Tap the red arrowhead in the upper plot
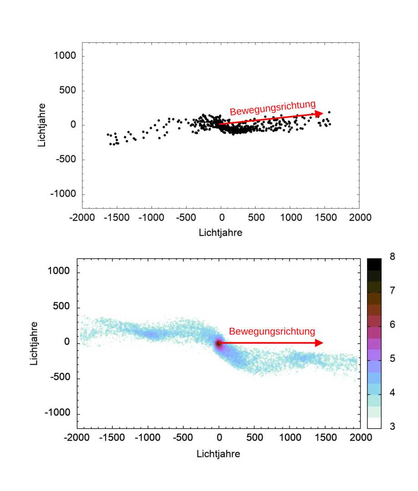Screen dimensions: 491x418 [x=319, y=113]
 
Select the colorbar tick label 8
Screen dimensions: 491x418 [x=393, y=256]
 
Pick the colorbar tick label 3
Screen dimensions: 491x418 [x=393, y=426]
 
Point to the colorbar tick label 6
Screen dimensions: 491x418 [x=393, y=325]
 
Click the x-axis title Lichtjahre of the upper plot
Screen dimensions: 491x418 [x=221, y=232]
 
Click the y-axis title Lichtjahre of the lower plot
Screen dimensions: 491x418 [x=34, y=343]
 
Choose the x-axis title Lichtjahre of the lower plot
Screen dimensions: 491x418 [x=218, y=454]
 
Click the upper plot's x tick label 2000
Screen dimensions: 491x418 [x=359, y=217]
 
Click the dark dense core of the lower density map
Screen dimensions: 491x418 [x=219, y=344]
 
